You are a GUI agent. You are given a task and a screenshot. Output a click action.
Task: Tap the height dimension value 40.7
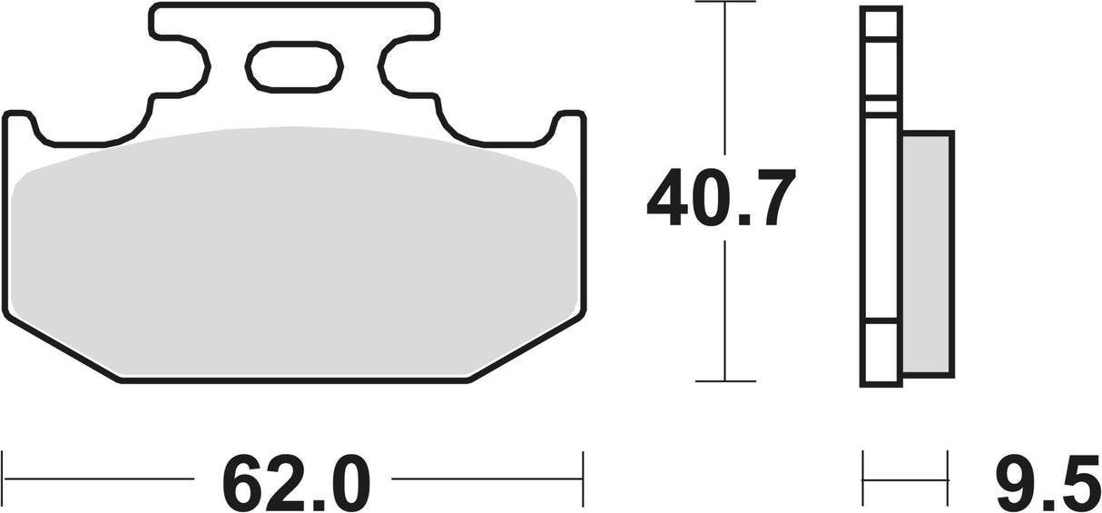[721, 198]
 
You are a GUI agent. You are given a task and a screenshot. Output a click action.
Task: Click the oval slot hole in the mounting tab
[294, 67]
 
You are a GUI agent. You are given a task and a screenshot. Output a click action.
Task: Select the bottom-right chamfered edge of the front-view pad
[526, 350]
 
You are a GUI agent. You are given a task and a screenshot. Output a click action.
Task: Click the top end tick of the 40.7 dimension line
[724, 3]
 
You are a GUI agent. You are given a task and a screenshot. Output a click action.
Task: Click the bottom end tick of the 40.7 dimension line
[724, 380]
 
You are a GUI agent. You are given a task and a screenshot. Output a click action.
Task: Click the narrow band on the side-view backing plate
[881, 106]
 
